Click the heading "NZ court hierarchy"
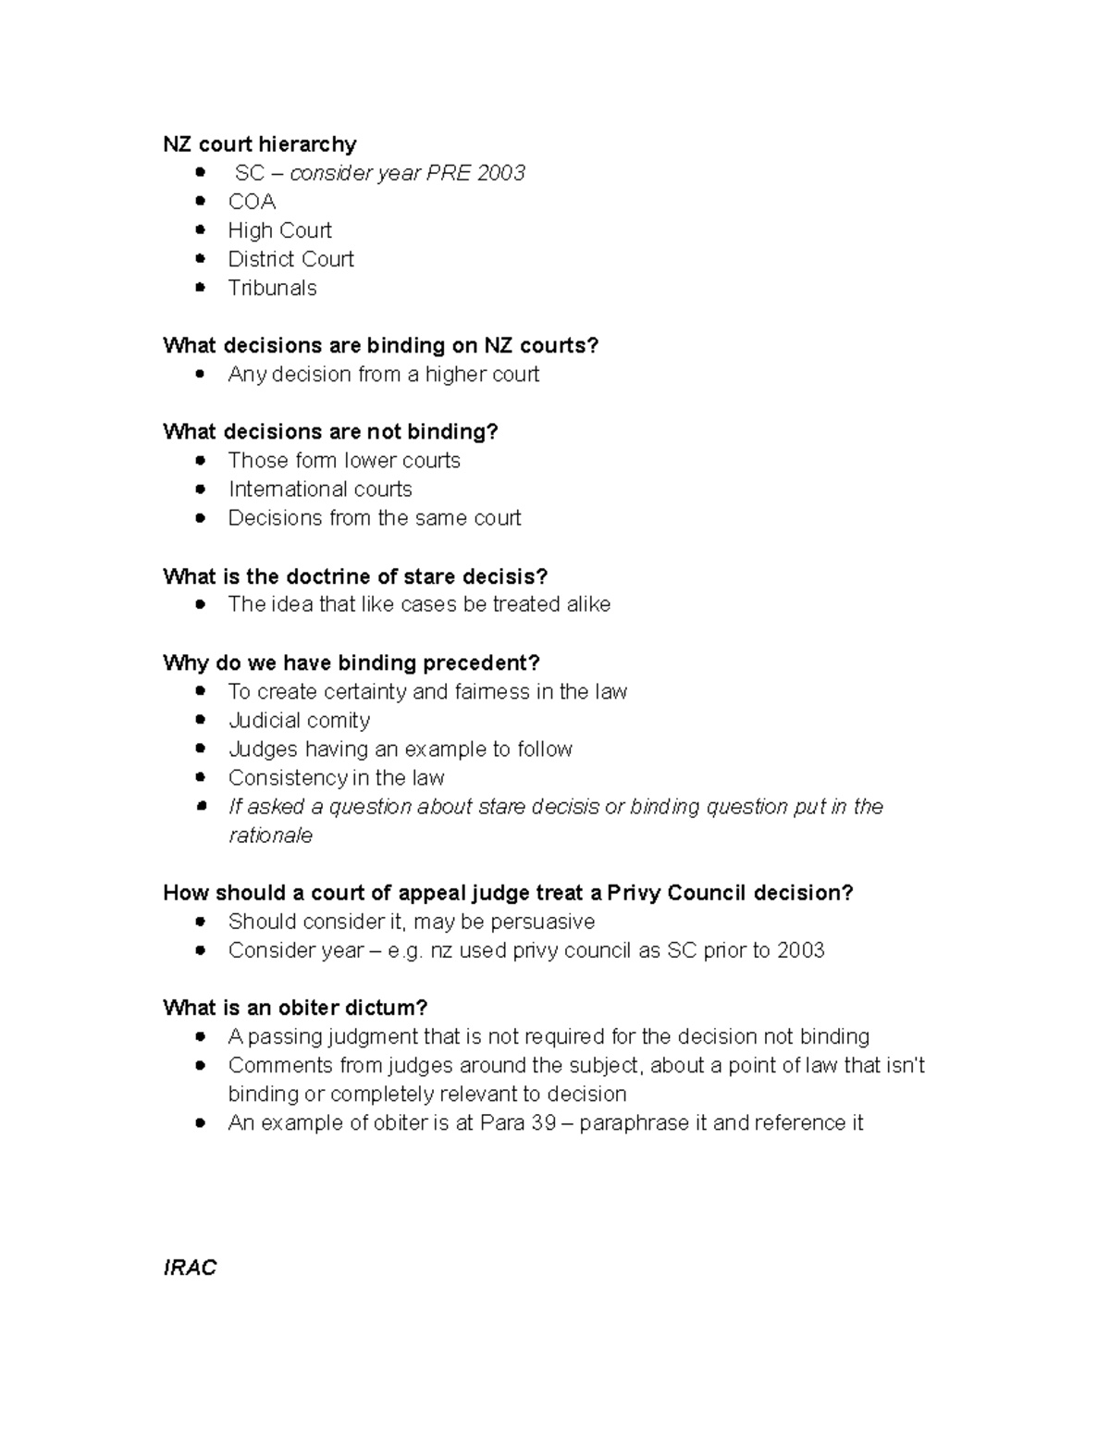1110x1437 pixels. [259, 144]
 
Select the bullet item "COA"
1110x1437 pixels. [252, 202]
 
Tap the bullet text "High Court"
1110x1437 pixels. [279, 230]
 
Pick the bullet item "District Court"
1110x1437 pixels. [290, 259]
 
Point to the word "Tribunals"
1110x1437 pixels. [272, 288]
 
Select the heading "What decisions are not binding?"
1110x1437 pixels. [330, 431]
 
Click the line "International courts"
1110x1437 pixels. [320, 489]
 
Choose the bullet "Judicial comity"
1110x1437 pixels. [299, 720]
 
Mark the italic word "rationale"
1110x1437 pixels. [270, 835]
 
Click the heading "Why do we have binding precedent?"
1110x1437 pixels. [351, 663]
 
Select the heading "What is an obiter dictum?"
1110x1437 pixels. [295, 1008]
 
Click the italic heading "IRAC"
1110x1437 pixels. [190, 1268]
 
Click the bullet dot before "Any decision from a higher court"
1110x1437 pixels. [200, 375]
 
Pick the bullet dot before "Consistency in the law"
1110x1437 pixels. [200, 778]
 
